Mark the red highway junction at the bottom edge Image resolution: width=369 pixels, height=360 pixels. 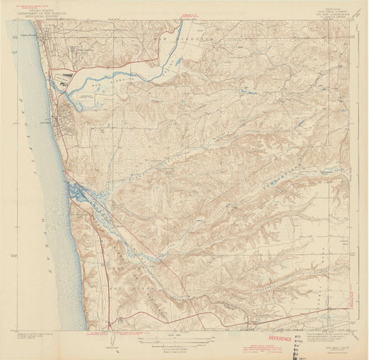(111, 325)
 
